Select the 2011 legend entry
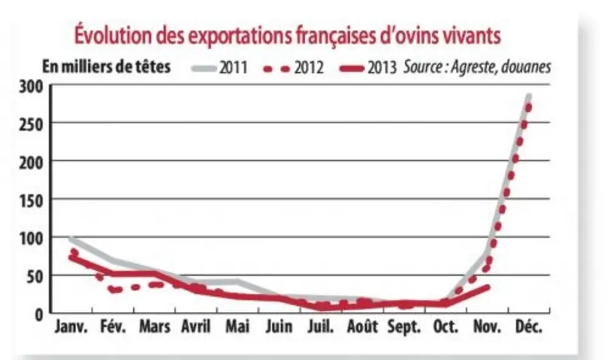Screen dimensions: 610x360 point(220,67)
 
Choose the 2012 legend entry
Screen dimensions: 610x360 point(293,67)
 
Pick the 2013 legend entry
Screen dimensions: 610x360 point(368,67)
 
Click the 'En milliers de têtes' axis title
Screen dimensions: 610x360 point(106,66)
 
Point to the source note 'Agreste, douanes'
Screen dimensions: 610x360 point(501,67)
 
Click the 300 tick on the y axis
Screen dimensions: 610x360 point(31,87)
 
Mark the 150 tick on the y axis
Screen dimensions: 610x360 point(31,201)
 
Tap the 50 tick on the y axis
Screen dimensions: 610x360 point(35,277)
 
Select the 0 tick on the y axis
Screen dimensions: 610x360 point(39,315)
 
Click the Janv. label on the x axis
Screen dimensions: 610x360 point(71,326)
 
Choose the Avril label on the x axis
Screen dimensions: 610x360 point(196,326)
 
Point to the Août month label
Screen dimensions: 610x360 point(362,326)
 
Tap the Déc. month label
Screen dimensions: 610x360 point(529,326)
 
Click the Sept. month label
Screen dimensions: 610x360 point(404,326)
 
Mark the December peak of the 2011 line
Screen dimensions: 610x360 point(529,96)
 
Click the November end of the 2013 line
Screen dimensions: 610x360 point(488,287)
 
